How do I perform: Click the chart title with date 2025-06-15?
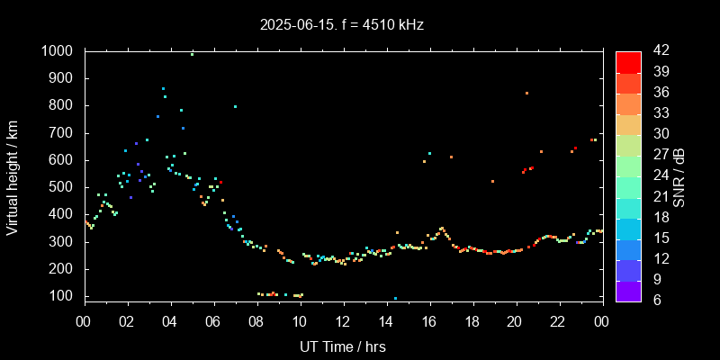click(x=341, y=25)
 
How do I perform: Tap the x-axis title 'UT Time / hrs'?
click(x=342, y=346)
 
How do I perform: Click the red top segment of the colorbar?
click(x=628, y=61)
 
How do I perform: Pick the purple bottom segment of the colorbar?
click(x=628, y=290)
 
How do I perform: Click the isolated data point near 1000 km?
click(x=192, y=54)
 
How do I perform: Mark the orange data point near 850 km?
click(x=526, y=93)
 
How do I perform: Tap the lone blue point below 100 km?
click(x=395, y=298)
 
